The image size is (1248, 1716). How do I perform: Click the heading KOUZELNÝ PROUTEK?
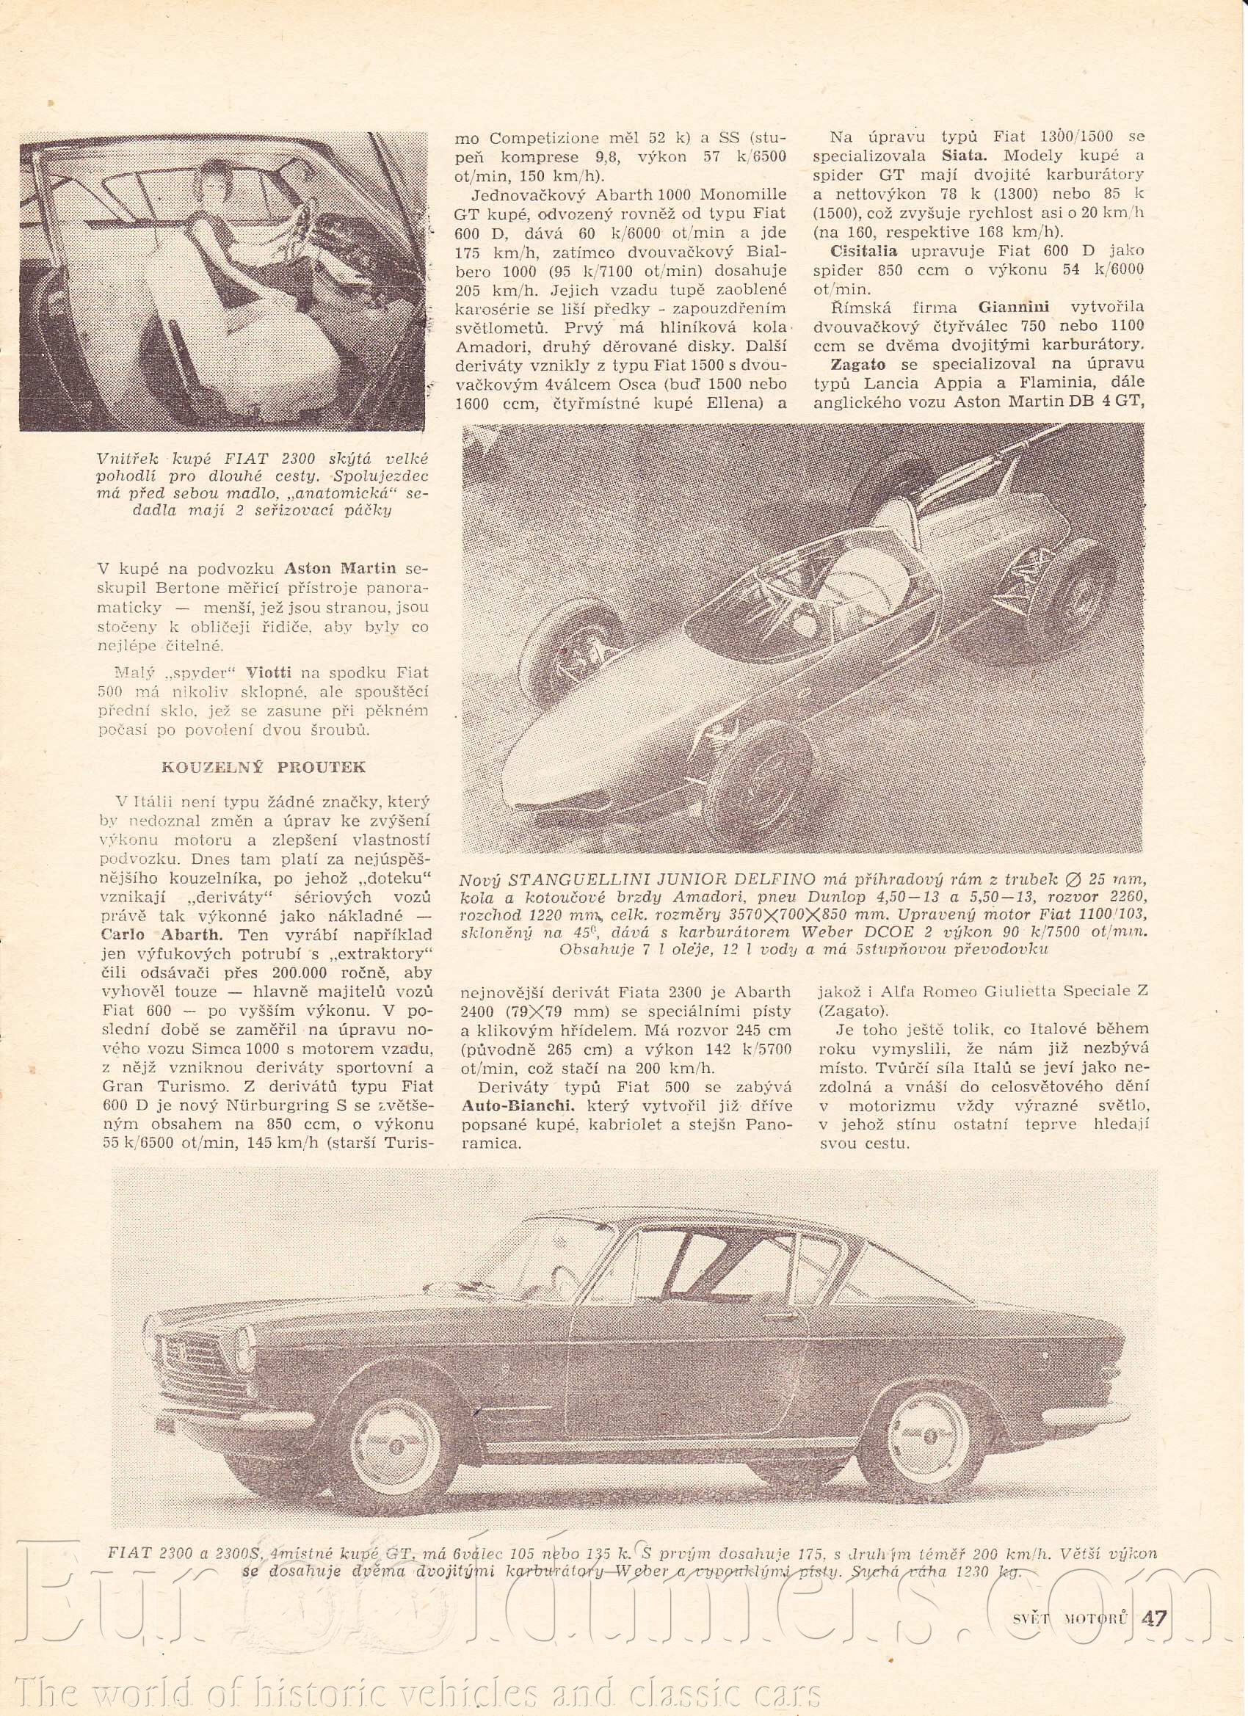264,766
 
